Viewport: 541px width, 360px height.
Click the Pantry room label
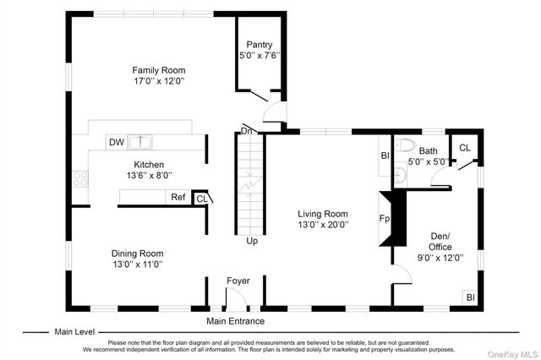pyautogui.click(x=260, y=45)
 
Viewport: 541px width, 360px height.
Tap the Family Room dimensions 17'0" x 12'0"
pyautogui.click(x=159, y=81)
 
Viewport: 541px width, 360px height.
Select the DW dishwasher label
pyautogui.click(x=117, y=142)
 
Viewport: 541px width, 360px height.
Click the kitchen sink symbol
pyautogui.click(x=140, y=142)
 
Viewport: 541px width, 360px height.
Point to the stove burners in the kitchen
pyautogui.click(x=80, y=179)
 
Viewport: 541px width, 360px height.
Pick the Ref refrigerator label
pyautogui.click(x=178, y=197)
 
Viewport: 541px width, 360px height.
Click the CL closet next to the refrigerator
pyautogui.click(x=202, y=199)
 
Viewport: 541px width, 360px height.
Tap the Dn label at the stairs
pyautogui.click(x=246, y=131)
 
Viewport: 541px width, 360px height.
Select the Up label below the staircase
pyautogui.click(x=252, y=241)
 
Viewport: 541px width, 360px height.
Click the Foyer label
pyautogui.click(x=238, y=281)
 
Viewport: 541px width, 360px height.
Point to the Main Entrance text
pyautogui.click(x=235, y=321)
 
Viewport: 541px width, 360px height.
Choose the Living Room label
pyautogui.click(x=323, y=214)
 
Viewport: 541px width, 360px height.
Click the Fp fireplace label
pyautogui.click(x=385, y=219)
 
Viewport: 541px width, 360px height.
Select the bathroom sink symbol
pyautogui.click(x=401, y=176)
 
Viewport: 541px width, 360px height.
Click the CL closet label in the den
pyautogui.click(x=465, y=148)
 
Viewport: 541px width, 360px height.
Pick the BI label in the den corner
pyautogui.click(x=471, y=297)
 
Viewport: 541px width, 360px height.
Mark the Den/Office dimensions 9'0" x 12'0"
pyautogui.click(x=440, y=258)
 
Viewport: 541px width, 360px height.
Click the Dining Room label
pyautogui.click(x=137, y=254)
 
